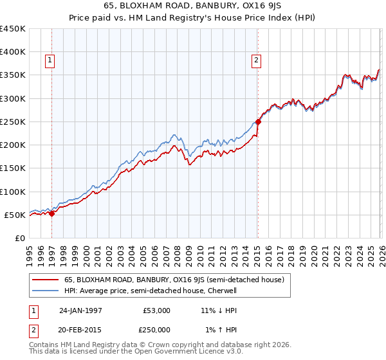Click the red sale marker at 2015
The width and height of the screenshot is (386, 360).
pos(258,121)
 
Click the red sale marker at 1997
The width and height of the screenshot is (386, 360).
pos(52,213)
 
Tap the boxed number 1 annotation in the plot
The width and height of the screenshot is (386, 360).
pos(50,61)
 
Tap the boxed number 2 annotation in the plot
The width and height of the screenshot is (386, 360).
pos(256,61)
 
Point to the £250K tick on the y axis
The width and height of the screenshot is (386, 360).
pos(13,122)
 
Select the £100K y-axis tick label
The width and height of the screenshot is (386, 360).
pos(13,192)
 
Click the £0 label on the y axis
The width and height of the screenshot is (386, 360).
pos(19,238)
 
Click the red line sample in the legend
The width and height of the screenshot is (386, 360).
pos(45,280)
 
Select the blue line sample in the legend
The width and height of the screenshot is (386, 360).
pos(45,291)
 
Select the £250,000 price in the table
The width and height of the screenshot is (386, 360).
pos(157,329)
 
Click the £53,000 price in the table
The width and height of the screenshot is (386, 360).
pos(157,310)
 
